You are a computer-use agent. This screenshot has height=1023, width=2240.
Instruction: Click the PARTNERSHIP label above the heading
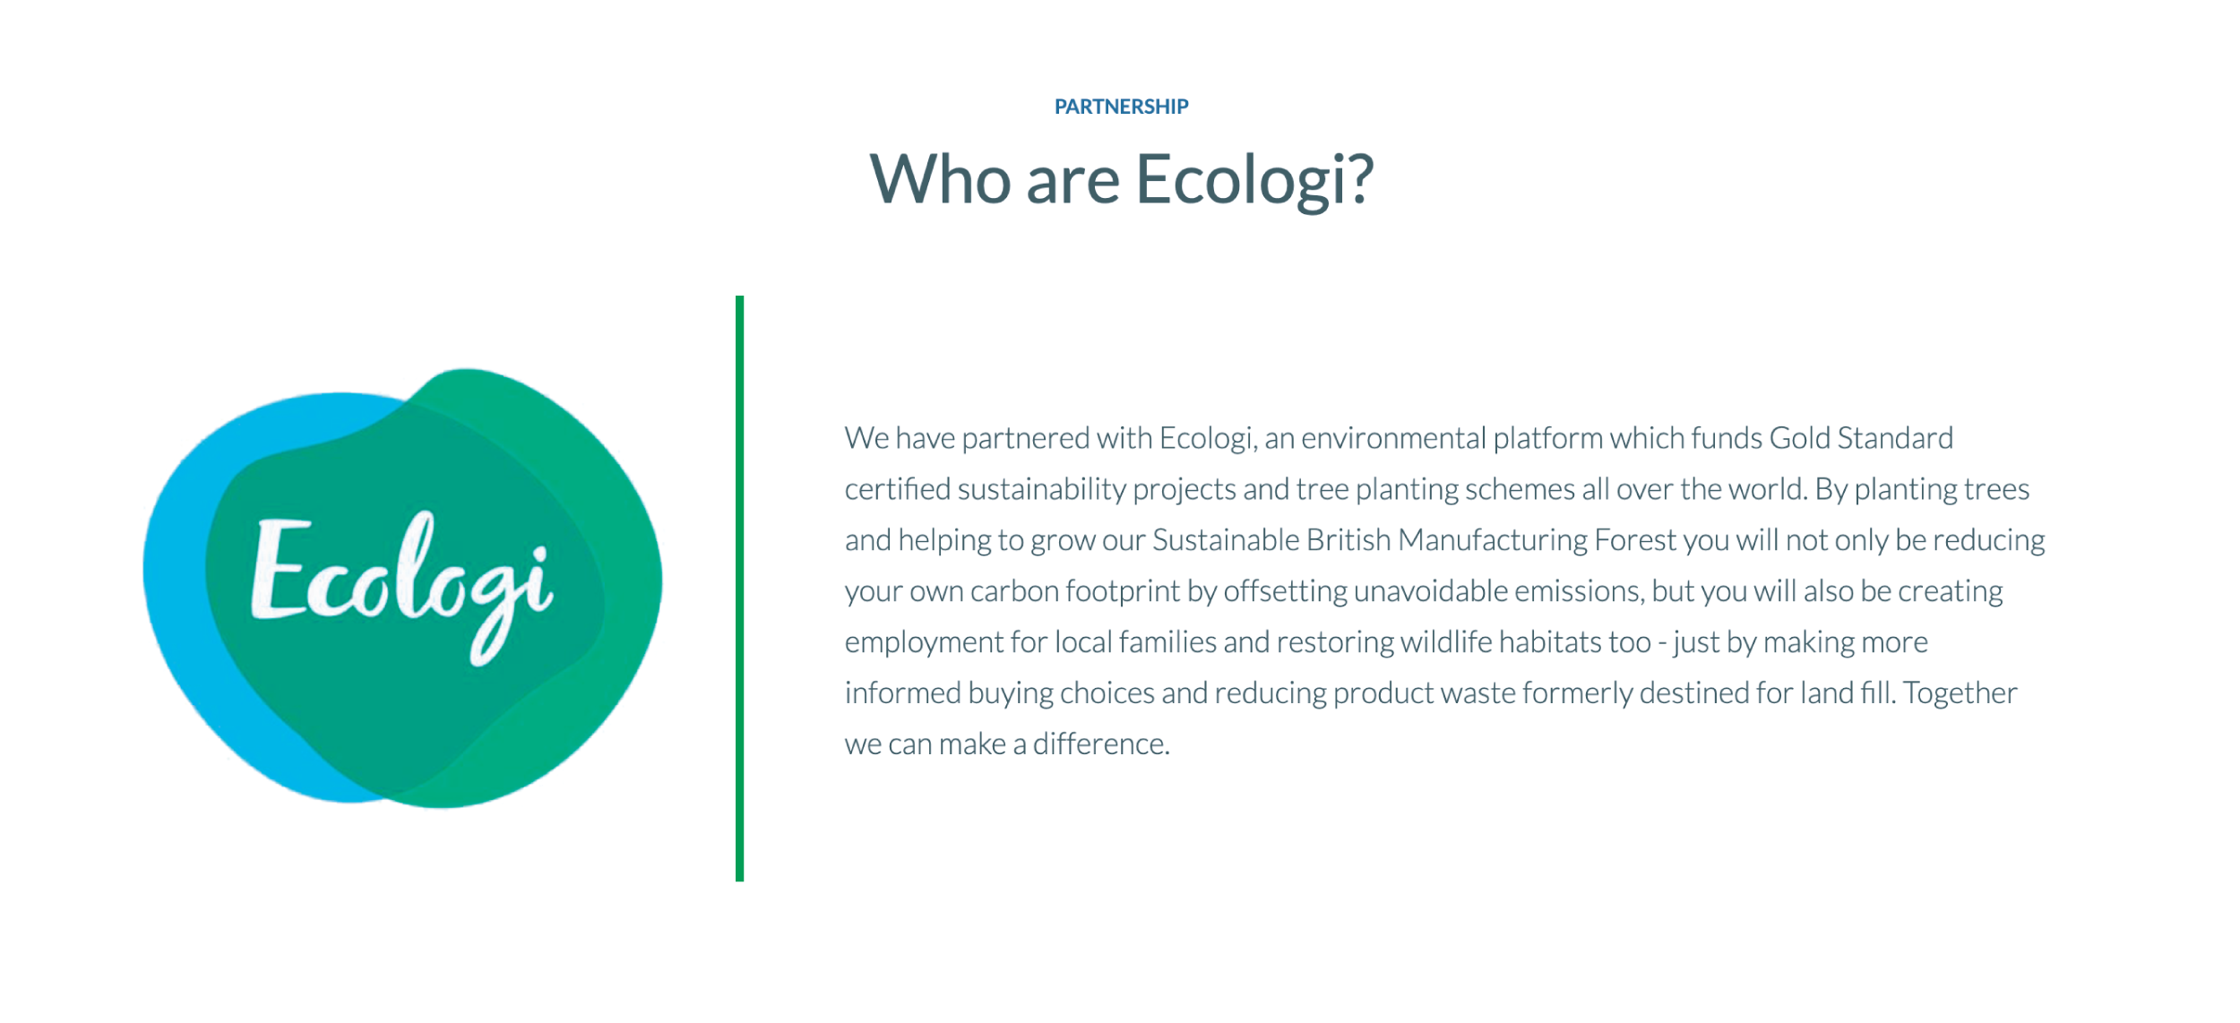pyautogui.click(x=1121, y=107)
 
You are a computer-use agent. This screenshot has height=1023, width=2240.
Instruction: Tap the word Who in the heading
pyautogui.click(x=941, y=179)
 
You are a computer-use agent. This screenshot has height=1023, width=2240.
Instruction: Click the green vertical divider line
pyautogui.click(x=739, y=589)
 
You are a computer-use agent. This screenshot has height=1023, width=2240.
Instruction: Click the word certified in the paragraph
pyautogui.click(x=897, y=489)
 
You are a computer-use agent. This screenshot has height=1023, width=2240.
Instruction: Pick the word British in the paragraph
pyautogui.click(x=1348, y=540)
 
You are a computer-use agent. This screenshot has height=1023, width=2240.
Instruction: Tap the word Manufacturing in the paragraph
pyautogui.click(x=1492, y=540)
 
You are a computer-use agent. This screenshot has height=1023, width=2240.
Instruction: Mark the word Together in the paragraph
pyautogui.click(x=1960, y=693)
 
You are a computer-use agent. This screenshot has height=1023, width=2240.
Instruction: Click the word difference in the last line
pyautogui.click(x=1101, y=744)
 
